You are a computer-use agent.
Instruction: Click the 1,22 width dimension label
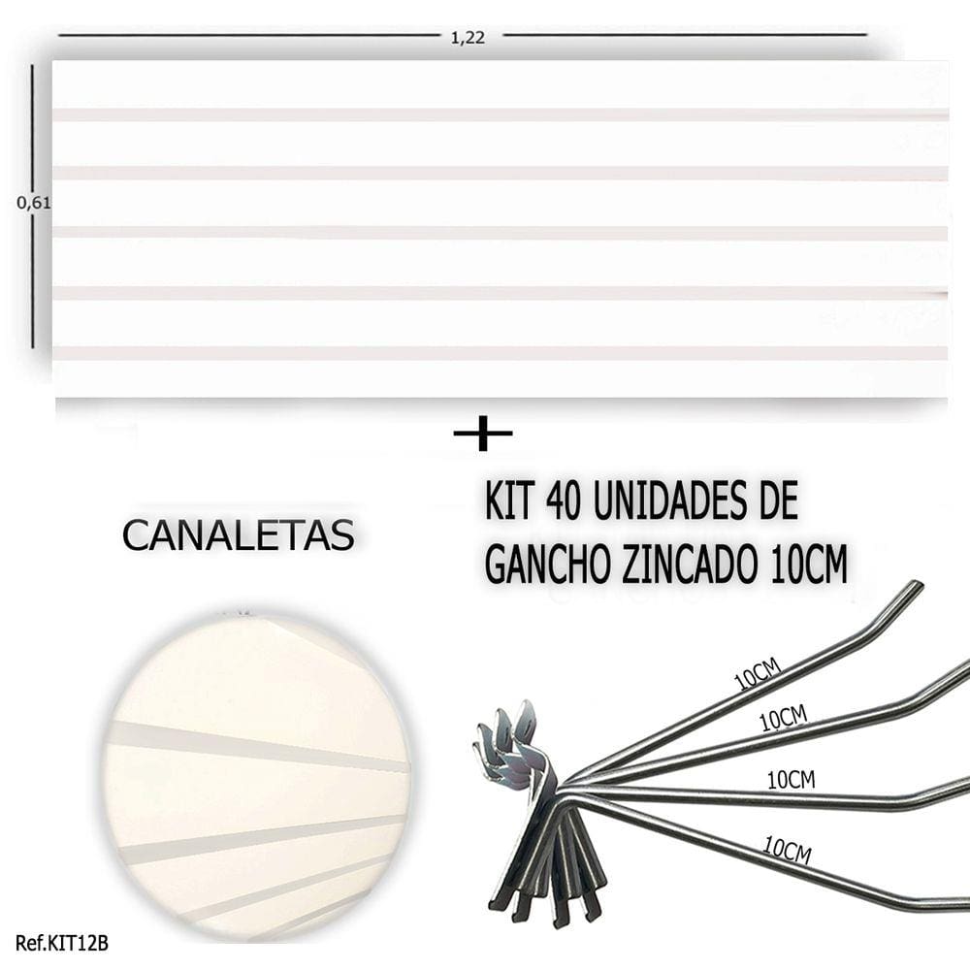tap(468, 38)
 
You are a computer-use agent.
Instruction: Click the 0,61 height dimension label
tap(33, 203)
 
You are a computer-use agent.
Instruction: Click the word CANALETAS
tap(239, 535)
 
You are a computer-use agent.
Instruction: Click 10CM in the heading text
tap(809, 565)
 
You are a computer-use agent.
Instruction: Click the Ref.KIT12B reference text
tap(62, 944)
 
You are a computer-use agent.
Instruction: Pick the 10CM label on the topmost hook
tap(759, 673)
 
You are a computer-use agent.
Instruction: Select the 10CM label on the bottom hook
tap(787, 850)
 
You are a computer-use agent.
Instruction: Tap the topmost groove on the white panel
tap(501, 114)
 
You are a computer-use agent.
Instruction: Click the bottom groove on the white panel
tap(501, 353)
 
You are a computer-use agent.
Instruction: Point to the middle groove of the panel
tap(501, 233)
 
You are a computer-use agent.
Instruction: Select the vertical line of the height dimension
tap(33, 207)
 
